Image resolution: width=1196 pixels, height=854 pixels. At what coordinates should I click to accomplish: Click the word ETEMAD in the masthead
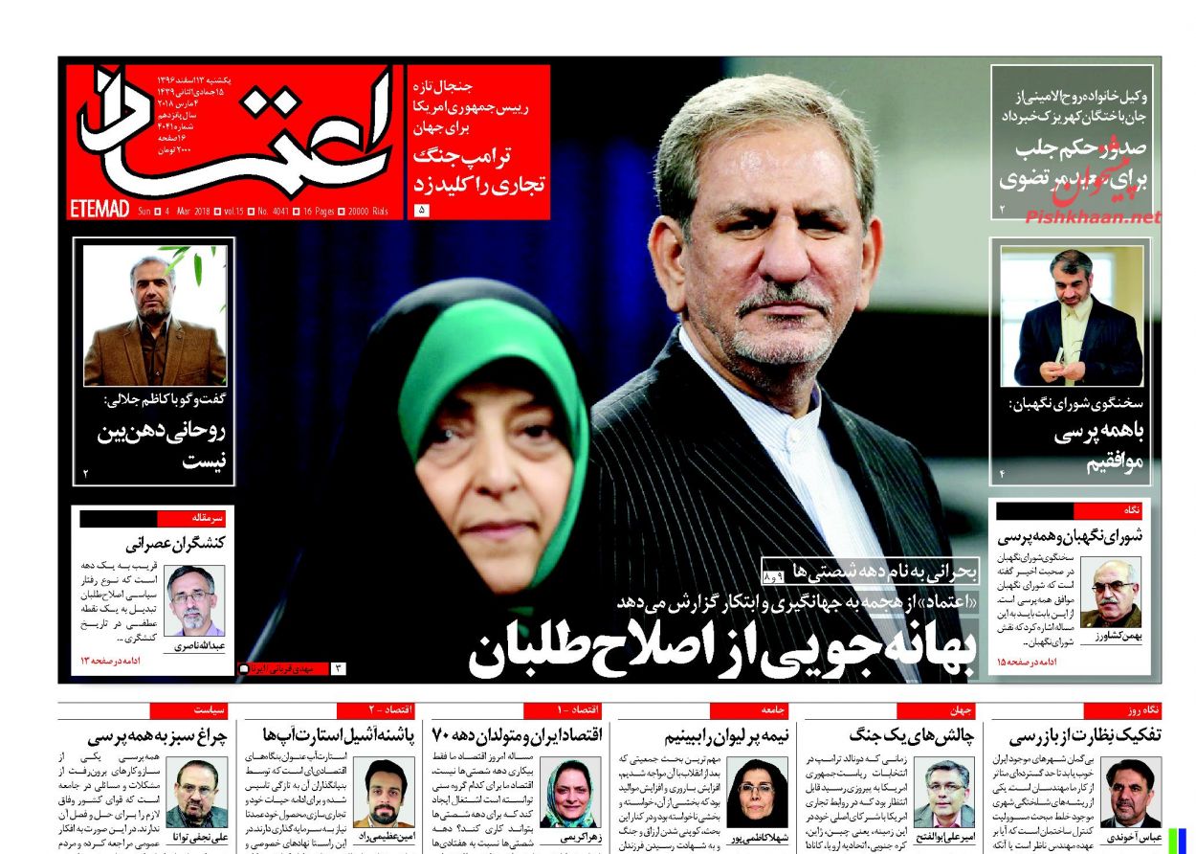coord(100,209)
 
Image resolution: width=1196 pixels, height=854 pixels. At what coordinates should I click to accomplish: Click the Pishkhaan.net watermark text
coord(1093,217)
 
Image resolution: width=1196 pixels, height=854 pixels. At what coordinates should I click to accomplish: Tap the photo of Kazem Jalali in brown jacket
coord(154,315)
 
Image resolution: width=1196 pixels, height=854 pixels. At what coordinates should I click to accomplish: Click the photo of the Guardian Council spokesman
coord(1071,315)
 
